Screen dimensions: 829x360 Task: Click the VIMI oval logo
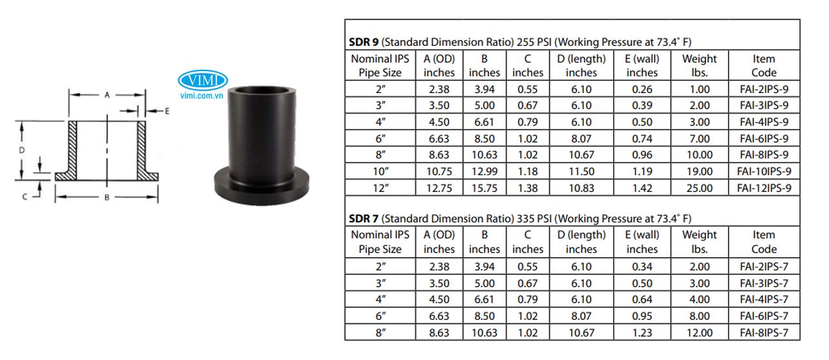click(x=202, y=80)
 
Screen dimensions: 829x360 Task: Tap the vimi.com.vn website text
click(x=202, y=96)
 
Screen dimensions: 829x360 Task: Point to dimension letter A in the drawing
click(x=107, y=95)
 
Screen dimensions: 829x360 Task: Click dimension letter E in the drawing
click(x=167, y=111)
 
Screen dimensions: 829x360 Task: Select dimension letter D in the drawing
click(x=22, y=150)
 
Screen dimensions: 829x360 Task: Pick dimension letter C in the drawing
click(x=25, y=196)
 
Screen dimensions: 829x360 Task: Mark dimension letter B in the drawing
click(x=107, y=197)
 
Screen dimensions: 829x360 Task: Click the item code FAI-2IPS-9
click(x=764, y=89)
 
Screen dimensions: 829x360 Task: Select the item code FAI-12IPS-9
click(x=764, y=188)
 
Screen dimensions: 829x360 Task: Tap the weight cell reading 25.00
click(x=700, y=188)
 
